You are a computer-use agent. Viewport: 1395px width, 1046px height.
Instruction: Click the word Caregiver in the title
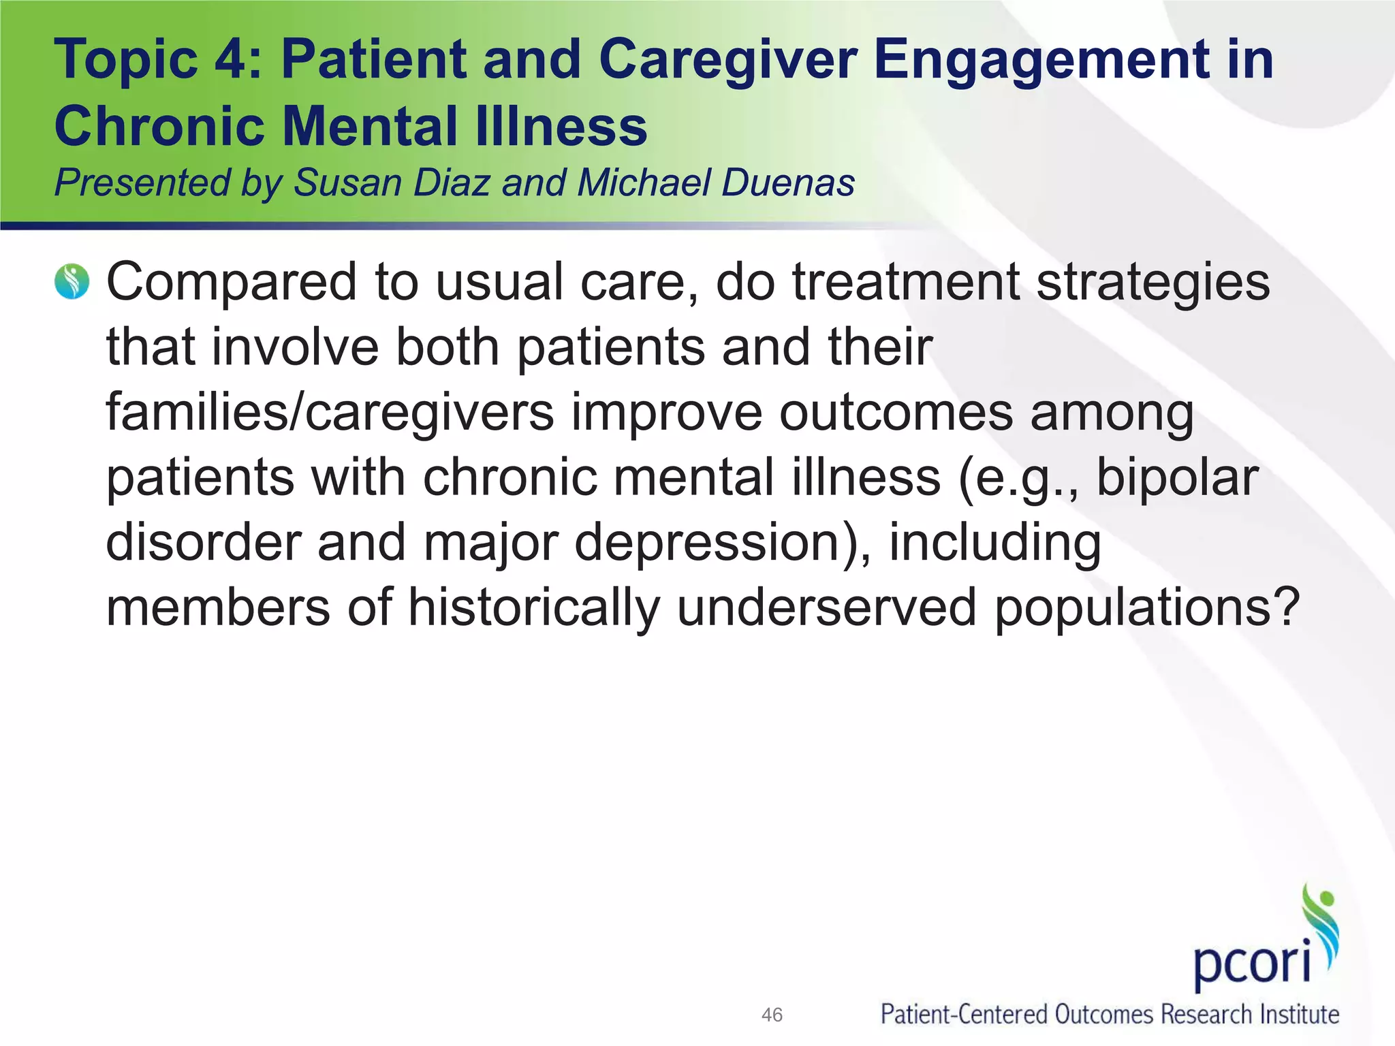tap(727, 60)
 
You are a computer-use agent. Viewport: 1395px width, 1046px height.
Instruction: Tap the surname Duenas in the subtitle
tap(787, 183)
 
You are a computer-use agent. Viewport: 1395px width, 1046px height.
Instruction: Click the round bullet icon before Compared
tap(72, 282)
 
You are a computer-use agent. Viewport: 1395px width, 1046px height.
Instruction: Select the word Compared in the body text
tap(232, 282)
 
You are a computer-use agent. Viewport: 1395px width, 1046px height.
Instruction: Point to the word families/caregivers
tap(330, 413)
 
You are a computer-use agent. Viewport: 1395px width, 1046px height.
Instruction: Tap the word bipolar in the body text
tap(1177, 478)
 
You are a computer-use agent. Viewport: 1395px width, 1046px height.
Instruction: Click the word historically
tap(534, 607)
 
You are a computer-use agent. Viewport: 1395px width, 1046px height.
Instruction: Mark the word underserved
tap(827, 607)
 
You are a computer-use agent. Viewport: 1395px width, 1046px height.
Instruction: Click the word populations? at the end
tap(1147, 609)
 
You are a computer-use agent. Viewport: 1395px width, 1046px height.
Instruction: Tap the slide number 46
tap(772, 1015)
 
